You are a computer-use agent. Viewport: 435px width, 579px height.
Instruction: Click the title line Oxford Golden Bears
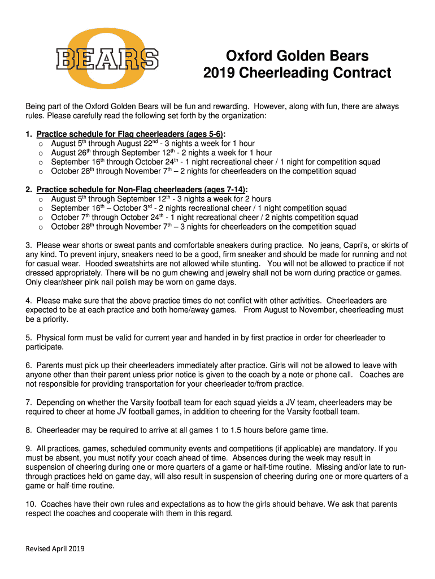point(297,56)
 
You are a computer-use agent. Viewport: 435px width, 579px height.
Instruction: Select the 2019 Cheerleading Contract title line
point(297,74)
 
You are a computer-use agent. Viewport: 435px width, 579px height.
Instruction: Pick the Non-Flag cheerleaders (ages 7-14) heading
point(142,189)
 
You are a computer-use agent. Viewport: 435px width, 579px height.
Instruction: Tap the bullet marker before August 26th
point(40,153)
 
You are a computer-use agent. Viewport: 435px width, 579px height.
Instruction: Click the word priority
point(53,319)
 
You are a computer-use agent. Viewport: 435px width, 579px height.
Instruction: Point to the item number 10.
point(30,504)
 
